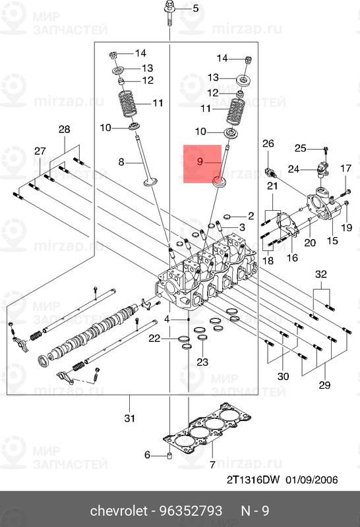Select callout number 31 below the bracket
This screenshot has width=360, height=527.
(130, 418)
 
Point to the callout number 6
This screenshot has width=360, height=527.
(148, 455)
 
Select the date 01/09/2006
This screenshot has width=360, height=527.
(311, 480)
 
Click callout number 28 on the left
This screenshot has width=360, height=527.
(64, 129)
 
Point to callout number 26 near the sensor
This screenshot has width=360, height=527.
(268, 144)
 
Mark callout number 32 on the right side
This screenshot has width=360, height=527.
(320, 273)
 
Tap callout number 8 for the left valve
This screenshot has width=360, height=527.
(121, 161)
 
